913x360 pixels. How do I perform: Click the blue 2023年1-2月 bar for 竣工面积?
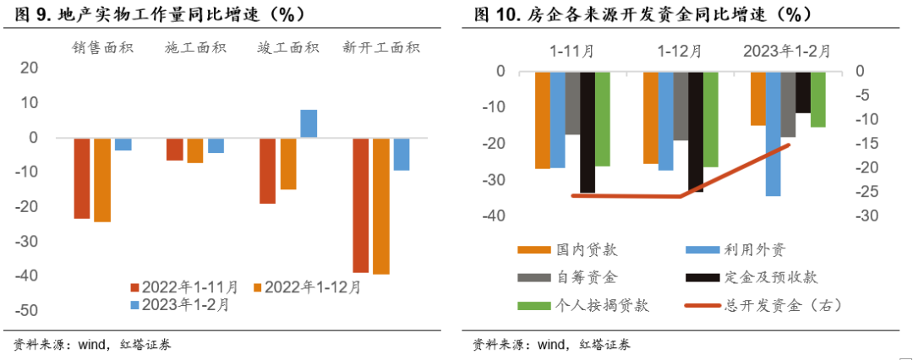tap(309, 123)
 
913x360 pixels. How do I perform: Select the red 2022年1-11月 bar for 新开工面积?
tap(361, 205)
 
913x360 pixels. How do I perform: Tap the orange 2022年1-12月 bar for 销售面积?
tap(102, 179)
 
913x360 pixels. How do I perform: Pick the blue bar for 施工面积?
tap(216, 145)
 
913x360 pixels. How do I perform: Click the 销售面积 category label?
tap(102, 48)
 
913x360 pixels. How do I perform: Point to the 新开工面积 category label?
tap(380, 48)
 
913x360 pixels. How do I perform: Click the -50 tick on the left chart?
tap(29, 311)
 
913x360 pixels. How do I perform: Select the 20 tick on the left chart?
tap(31, 68)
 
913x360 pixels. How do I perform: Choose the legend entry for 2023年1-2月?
tap(178, 305)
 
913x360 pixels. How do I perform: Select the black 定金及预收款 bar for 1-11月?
tap(588, 132)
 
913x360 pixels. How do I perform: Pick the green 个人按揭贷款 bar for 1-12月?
tap(711, 119)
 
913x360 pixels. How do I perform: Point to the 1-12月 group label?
tap(680, 52)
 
